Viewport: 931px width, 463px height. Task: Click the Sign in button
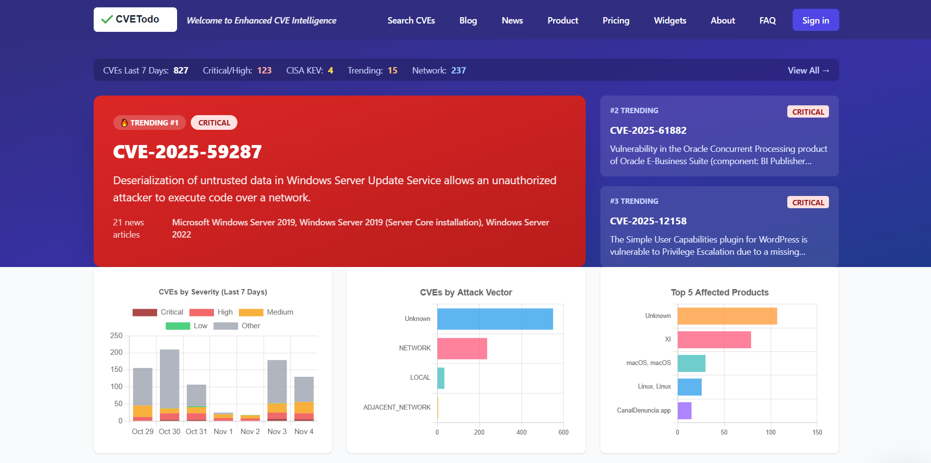point(815,20)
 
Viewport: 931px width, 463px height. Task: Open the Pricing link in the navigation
point(616,21)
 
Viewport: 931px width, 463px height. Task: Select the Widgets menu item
point(670,21)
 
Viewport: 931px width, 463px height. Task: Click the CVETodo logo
point(135,20)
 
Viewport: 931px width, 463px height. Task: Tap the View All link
point(808,71)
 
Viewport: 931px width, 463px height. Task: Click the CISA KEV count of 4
point(330,71)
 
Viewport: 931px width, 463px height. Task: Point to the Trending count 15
point(392,71)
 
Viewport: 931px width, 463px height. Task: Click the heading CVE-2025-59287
point(187,152)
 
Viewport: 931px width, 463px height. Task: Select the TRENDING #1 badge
point(150,122)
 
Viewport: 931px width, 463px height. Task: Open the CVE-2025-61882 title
point(648,130)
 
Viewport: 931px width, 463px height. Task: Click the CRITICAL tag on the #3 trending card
point(807,202)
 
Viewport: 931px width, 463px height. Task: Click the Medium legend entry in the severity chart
point(266,312)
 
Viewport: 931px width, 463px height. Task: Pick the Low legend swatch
point(178,326)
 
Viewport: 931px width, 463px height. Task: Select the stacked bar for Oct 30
point(170,385)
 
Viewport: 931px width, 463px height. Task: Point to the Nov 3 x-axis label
point(277,432)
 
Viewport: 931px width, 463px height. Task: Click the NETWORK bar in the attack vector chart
point(462,348)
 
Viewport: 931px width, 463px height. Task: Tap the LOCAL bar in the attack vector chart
point(440,378)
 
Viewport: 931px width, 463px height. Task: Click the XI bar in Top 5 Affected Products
point(714,340)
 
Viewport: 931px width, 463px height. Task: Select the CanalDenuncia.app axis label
point(644,411)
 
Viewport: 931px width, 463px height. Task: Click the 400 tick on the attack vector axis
point(521,432)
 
